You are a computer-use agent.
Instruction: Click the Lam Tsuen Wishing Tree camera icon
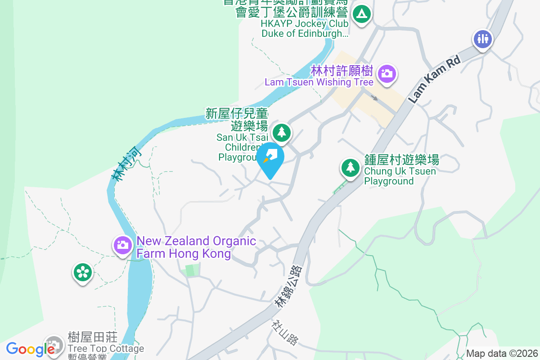[387, 73]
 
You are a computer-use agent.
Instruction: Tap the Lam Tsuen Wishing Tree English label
[319, 82]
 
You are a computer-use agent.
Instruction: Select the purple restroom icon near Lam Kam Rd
[482, 39]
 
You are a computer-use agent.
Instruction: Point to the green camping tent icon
[361, 14]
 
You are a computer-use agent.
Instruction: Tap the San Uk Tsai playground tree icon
[282, 132]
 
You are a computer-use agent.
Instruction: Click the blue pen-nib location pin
[270, 157]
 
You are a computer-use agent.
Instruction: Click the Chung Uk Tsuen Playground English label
[389, 176]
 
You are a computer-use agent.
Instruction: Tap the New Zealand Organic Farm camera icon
[122, 245]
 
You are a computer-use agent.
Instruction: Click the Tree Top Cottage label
[106, 349]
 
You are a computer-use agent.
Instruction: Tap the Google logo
[30, 349]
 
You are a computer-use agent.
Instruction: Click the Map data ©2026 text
[502, 353]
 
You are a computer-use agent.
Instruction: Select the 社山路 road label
[285, 333]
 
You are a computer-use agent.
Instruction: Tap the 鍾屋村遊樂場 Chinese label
[401, 160]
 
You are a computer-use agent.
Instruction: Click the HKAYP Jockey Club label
[305, 24]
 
